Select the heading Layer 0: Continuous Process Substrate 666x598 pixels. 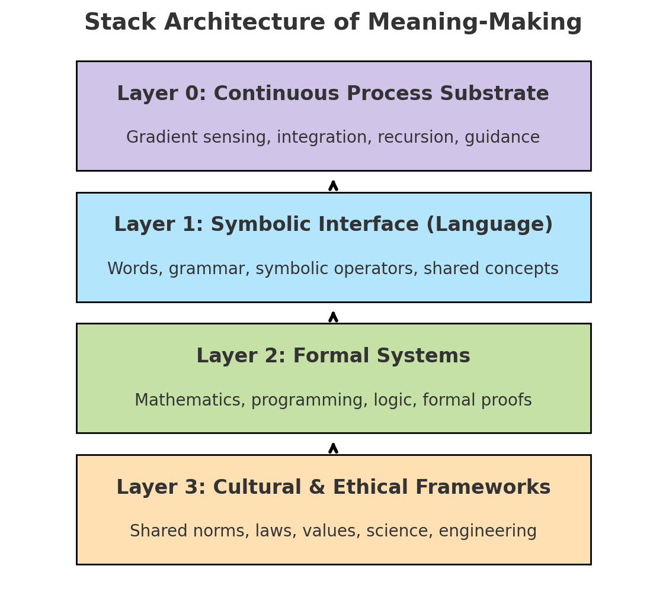click(x=333, y=94)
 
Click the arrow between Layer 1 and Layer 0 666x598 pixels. click(x=334, y=185)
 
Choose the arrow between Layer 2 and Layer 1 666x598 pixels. click(x=334, y=317)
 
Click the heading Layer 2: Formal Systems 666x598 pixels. click(x=333, y=356)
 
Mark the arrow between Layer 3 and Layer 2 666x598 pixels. click(x=334, y=448)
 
